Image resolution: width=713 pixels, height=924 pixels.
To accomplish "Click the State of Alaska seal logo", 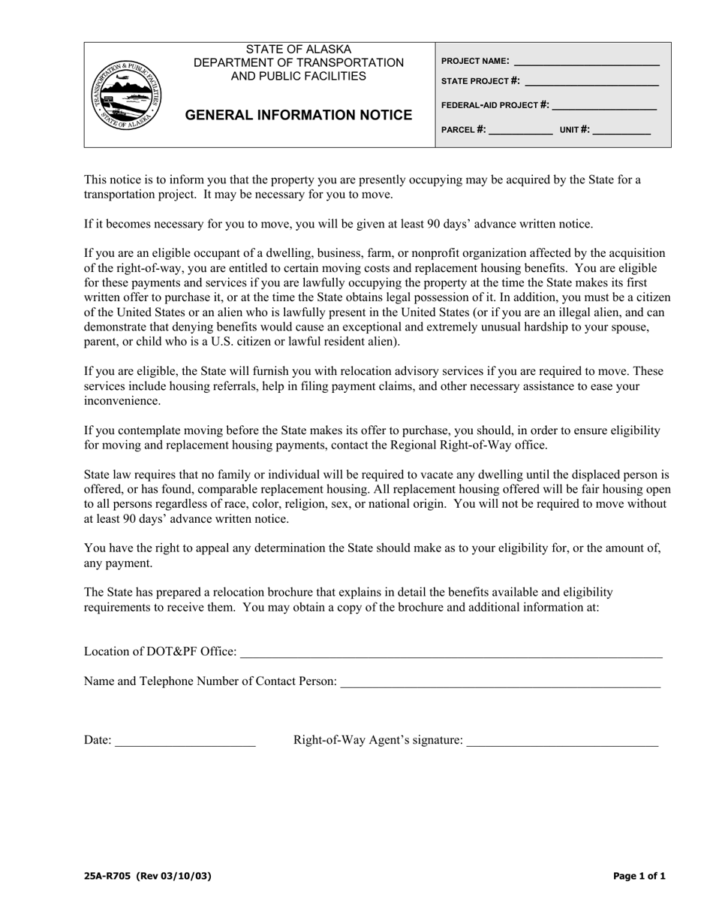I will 125,95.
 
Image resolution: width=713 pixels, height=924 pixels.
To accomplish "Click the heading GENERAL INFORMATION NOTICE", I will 298,115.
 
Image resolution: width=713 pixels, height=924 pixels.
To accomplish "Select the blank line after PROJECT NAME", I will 586,62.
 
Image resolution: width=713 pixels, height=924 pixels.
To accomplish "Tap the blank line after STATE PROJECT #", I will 592,81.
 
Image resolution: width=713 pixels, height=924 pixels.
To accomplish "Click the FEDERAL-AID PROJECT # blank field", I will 604,106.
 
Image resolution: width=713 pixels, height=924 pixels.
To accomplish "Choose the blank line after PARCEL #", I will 520,131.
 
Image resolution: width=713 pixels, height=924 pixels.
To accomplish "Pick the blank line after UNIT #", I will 621,131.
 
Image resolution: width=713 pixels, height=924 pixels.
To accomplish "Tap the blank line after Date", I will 185,741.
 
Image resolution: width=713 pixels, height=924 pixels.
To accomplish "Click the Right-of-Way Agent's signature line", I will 562,741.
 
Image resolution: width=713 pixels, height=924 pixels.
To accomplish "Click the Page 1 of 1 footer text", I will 639,876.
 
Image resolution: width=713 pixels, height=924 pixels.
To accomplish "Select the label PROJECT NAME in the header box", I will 475,62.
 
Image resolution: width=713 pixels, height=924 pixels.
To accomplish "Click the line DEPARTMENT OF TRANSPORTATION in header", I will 298,63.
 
